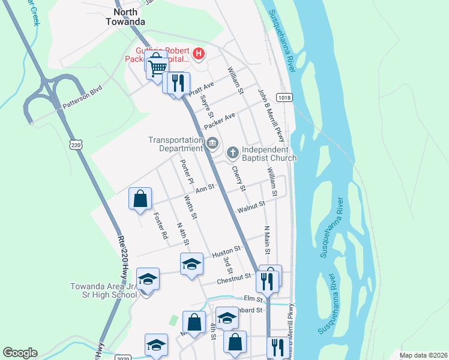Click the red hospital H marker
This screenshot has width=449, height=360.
tap(199, 55)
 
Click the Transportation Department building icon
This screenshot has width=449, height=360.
tap(212, 143)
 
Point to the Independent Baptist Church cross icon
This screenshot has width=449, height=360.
tap(232, 154)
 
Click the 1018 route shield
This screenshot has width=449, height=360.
tap(284, 97)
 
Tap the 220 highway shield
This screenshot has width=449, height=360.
tap(75, 145)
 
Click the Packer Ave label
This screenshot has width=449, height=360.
tap(219, 121)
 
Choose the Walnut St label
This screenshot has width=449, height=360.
tap(250, 208)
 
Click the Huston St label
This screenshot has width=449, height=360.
tap(226, 252)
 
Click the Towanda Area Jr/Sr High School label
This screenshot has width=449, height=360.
tap(104, 290)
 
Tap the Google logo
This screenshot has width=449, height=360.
tap(20, 353)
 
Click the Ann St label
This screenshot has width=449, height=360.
tap(205, 190)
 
